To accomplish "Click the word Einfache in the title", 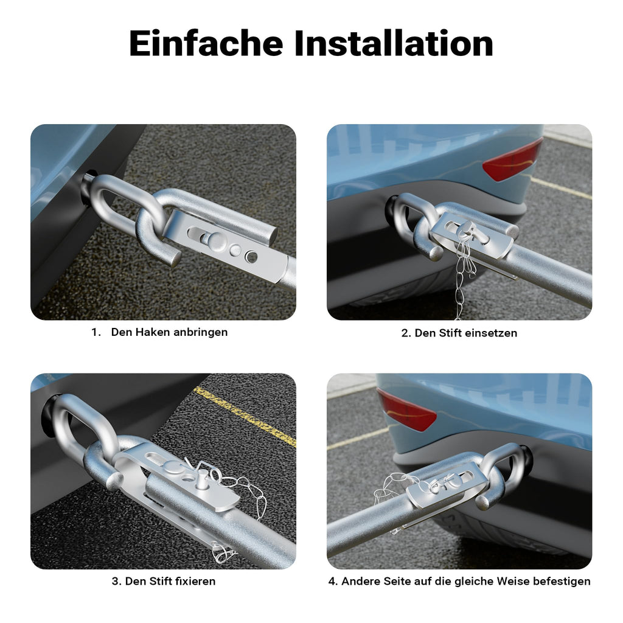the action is (206, 43).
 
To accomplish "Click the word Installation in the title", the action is (394, 43).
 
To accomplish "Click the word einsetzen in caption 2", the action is (491, 333).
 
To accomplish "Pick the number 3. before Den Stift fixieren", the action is (117, 581).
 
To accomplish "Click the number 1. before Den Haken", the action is (96, 332).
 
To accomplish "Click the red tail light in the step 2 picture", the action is (512, 161).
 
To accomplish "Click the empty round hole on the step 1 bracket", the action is (251, 257).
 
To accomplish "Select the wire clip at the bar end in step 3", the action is (221, 552).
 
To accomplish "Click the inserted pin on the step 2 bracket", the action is (471, 232).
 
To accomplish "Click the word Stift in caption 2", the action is (450, 333).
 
